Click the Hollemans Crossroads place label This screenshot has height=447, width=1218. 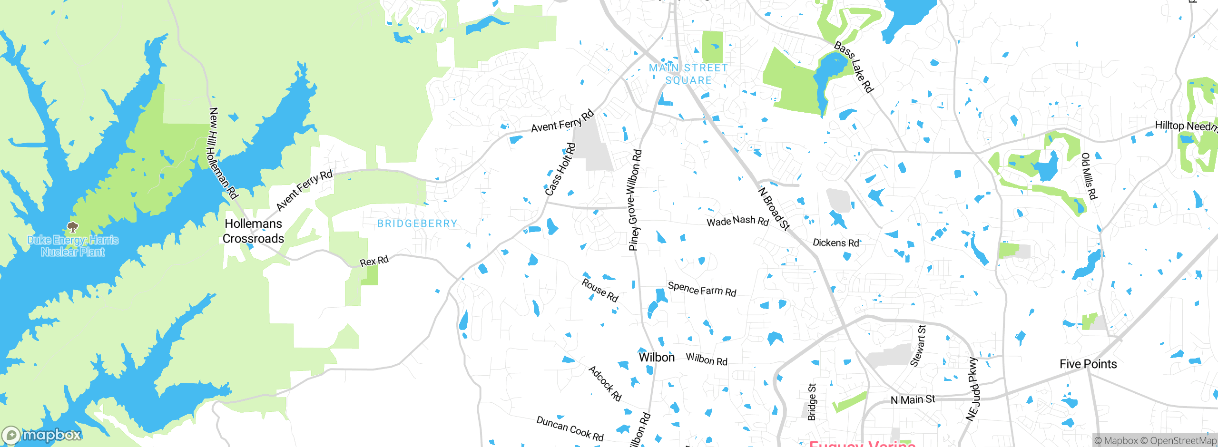pos(253,231)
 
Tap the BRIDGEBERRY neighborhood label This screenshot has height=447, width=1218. pos(417,223)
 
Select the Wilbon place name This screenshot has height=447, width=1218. pos(657,357)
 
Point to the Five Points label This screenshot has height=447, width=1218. pos(1088,364)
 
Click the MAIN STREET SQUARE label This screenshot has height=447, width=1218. pos(688,74)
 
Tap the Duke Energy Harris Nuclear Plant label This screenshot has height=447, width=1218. pos(73,246)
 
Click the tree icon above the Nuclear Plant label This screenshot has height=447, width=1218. pos(72,226)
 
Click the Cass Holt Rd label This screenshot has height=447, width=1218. pos(560,169)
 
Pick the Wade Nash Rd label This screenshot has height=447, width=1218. pos(737,221)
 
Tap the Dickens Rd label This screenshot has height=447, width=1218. pos(836,243)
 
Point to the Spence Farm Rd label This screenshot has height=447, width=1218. pos(702,289)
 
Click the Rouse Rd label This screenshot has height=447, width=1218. pos(600,290)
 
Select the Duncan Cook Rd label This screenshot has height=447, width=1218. pos(570,428)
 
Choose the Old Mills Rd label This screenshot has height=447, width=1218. pos(1089,176)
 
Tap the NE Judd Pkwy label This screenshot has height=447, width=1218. pos(973,389)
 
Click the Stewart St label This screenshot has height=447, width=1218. pos(918,346)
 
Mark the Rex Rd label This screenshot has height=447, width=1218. pos(374,261)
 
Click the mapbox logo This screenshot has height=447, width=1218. pos(42,435)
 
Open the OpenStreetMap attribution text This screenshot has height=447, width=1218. pos(1178,441)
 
